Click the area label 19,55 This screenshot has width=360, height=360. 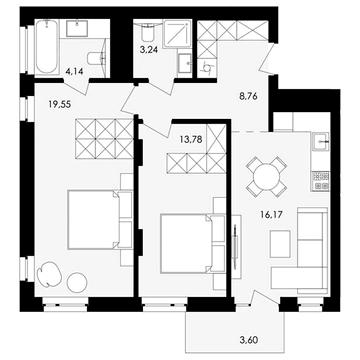click(60, 105)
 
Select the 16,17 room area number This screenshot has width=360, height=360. click(271, 214)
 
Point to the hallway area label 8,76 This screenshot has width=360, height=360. click(249, 97)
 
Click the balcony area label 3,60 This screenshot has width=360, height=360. click(248, 340)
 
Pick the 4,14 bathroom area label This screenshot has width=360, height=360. click(73, 71)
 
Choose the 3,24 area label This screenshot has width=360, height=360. click(149, 51)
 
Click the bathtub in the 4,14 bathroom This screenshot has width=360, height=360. click(47, 46)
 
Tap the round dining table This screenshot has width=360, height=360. click(266, 177)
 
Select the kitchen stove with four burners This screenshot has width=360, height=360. click(321, 181)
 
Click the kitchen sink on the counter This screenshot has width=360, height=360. click(321, 142)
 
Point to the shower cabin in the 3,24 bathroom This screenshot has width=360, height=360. click(178, 33)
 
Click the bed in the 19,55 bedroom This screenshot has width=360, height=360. click(93, 220)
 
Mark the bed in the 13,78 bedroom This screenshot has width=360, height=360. click(186, 244)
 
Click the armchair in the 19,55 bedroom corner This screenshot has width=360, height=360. click(50, 274)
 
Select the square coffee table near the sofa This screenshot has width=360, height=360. click(280, 244)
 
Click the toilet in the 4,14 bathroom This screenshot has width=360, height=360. click(97, 58)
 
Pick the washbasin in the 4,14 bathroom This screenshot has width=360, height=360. click(77, 28)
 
